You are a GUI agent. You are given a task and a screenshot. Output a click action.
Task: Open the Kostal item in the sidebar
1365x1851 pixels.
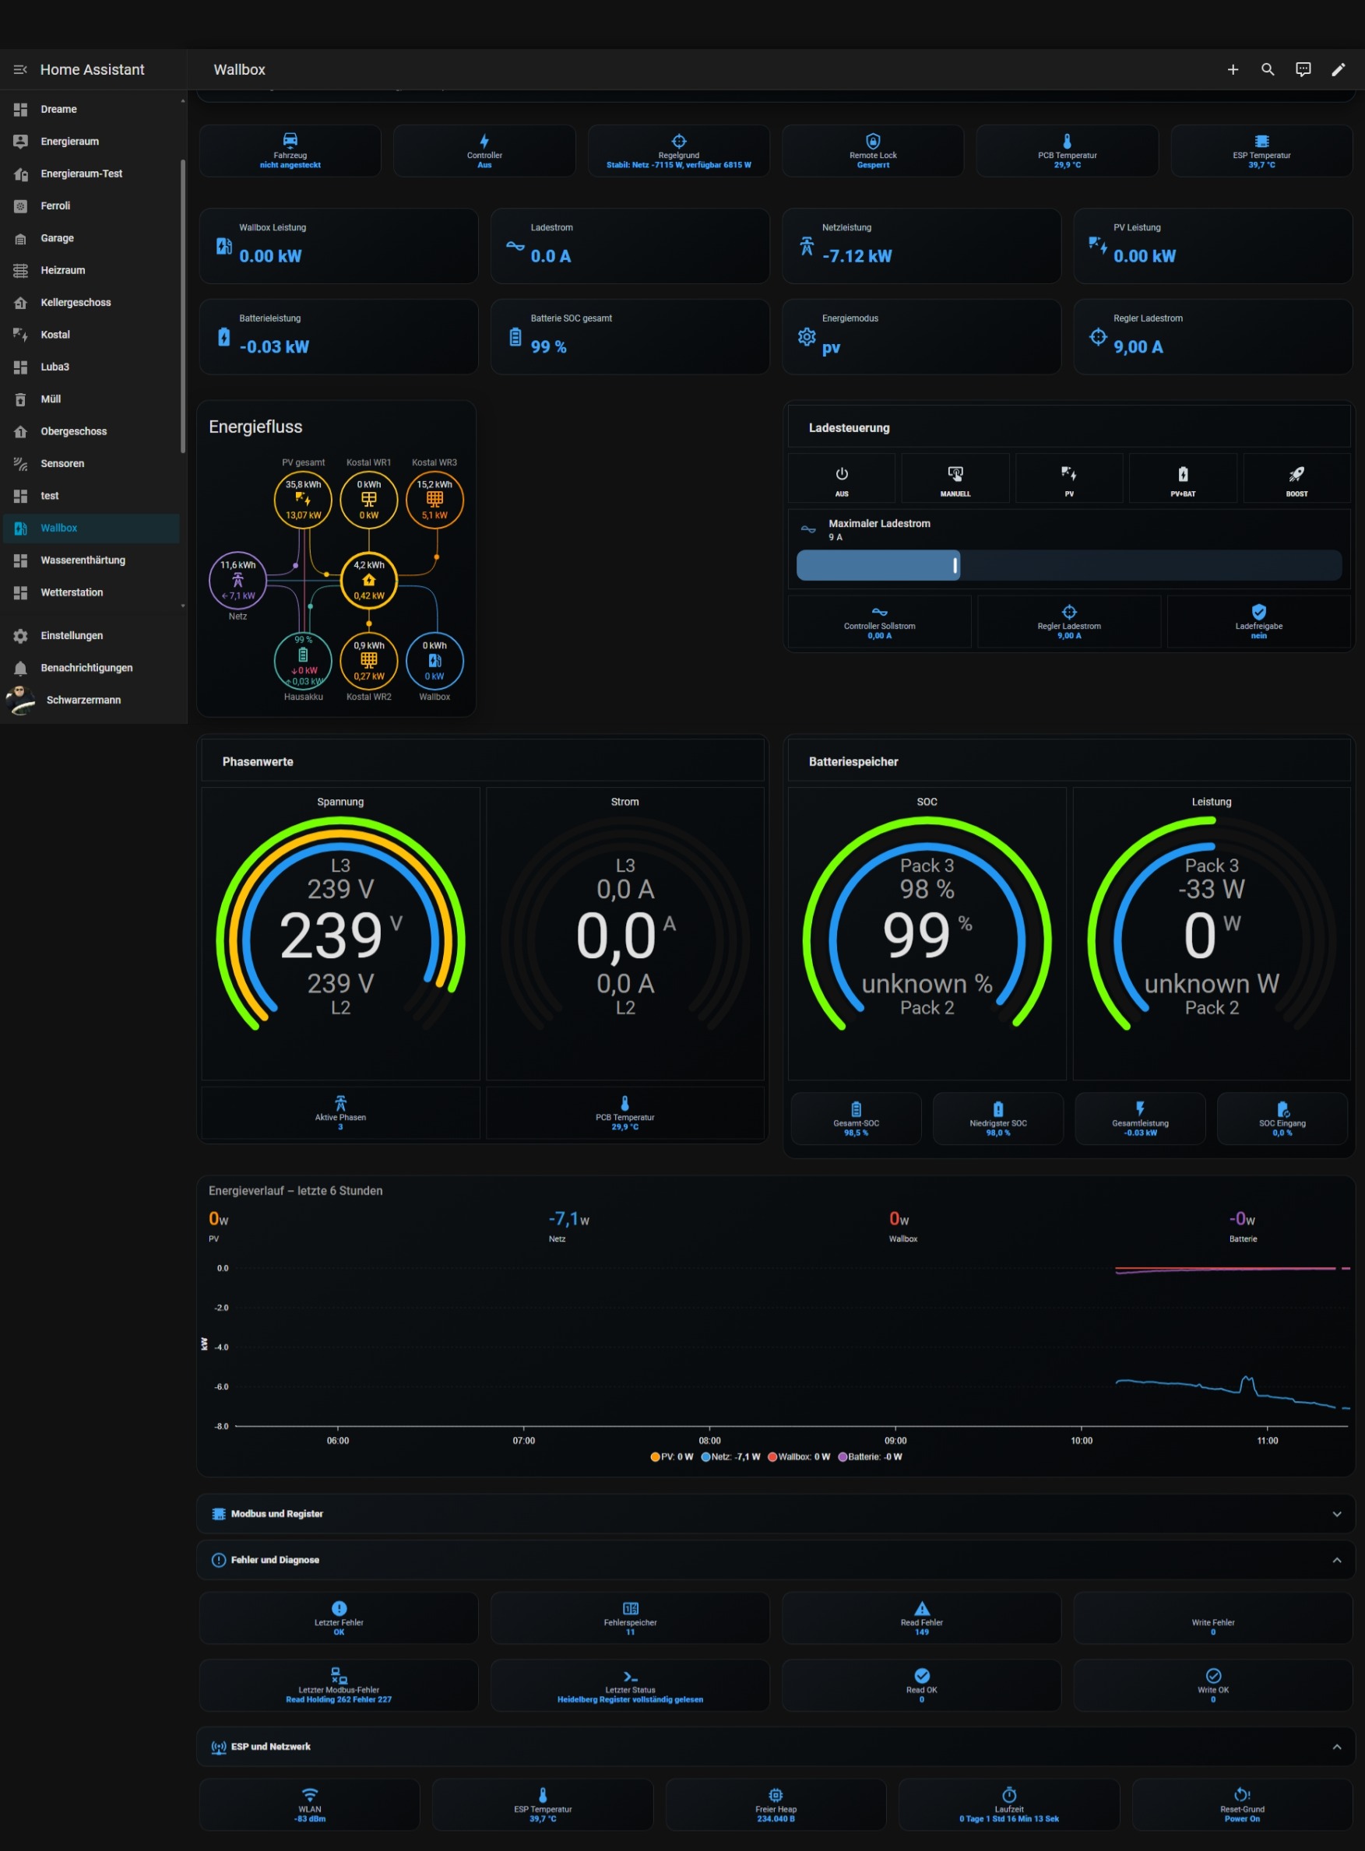[x=55, y=335]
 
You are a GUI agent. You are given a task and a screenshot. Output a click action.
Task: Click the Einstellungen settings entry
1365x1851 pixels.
[x=72, y=635]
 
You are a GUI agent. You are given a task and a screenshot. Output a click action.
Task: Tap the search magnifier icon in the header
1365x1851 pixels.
[x=1268, y=69]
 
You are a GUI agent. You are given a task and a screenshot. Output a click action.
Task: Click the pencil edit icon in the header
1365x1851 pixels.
[x=1338, y=69]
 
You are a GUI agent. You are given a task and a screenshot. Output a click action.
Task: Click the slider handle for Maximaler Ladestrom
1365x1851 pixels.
[x=955, y=565]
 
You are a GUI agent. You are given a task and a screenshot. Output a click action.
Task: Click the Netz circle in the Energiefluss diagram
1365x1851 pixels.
[x=238, y=580]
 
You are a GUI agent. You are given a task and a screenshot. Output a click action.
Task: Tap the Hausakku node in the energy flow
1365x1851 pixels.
[x=303, y=661]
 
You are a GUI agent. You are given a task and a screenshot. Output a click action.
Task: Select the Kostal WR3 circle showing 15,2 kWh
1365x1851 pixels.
[x=434, y=500]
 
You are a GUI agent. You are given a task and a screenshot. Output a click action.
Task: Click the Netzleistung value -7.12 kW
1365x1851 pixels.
[x=857, y=256]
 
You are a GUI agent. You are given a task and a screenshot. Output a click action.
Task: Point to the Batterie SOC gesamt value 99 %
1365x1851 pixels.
[x=549, y=347]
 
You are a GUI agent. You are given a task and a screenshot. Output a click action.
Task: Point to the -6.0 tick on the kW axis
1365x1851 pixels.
[x=221, y=1387]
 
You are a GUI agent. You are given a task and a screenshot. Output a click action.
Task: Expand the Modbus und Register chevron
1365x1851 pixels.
[x=1337, y=1514]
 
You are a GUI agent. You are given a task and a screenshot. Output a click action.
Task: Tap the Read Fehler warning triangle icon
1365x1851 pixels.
[x=922, y=1608]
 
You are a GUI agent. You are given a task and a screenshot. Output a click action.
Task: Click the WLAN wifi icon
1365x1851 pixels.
[x=310, y=1795]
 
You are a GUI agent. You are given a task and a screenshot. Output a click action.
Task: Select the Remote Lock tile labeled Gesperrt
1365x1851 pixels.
[x=873, y=151]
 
